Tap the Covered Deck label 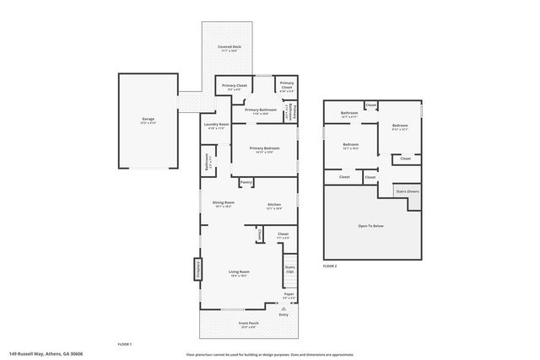(x=227, y=48)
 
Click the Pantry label (x=246, y=182)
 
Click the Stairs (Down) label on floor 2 (x=407, y=191)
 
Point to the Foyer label (x=289, y=295)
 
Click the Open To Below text (x=372, y=227)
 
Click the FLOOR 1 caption (x=125, y=344)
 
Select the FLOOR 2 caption (x=330, y=266)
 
